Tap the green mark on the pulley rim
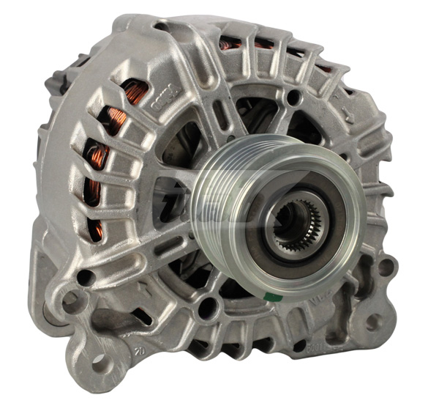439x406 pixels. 270,296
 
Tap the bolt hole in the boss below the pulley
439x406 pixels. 209,308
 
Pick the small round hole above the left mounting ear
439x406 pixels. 85,277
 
